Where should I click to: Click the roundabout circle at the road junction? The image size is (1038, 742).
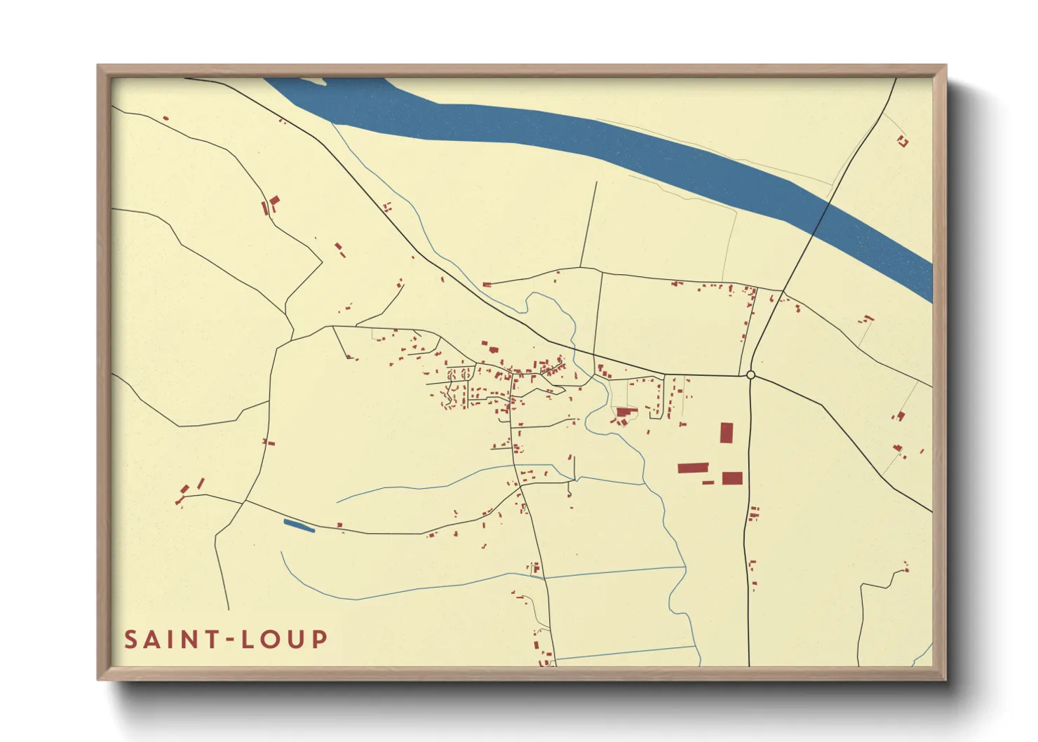pyautogui.click(x=750, y=375)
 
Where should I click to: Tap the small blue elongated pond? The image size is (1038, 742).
pyautogui.click(x=299, y=525)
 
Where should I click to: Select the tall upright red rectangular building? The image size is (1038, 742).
pyautogui.click(x=727, y=433)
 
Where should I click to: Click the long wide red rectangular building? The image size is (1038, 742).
pyautogui.click(x=693, y=468)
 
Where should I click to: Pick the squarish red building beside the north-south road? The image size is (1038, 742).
pyautogui.click(x=732, y=478)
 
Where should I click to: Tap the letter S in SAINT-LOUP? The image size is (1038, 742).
pyautogui.click(x=131, y=640)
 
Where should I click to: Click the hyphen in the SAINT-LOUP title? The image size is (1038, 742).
pyautogui.click(x=227, y=640)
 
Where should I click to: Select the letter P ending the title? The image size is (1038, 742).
pyautogui.click(x=320, y=640)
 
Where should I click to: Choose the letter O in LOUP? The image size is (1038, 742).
pyautogui.click(x=270, y=640)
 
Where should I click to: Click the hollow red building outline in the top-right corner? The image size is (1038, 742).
pyautogui.click(x=903, y=142)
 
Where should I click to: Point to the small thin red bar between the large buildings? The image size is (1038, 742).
pyautogui.click(x=708, y=483)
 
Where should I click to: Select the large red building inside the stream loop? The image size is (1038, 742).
pyautogui.click(x=626, y=412)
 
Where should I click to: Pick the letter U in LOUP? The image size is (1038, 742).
pyautogui.click(x=295, y=640)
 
